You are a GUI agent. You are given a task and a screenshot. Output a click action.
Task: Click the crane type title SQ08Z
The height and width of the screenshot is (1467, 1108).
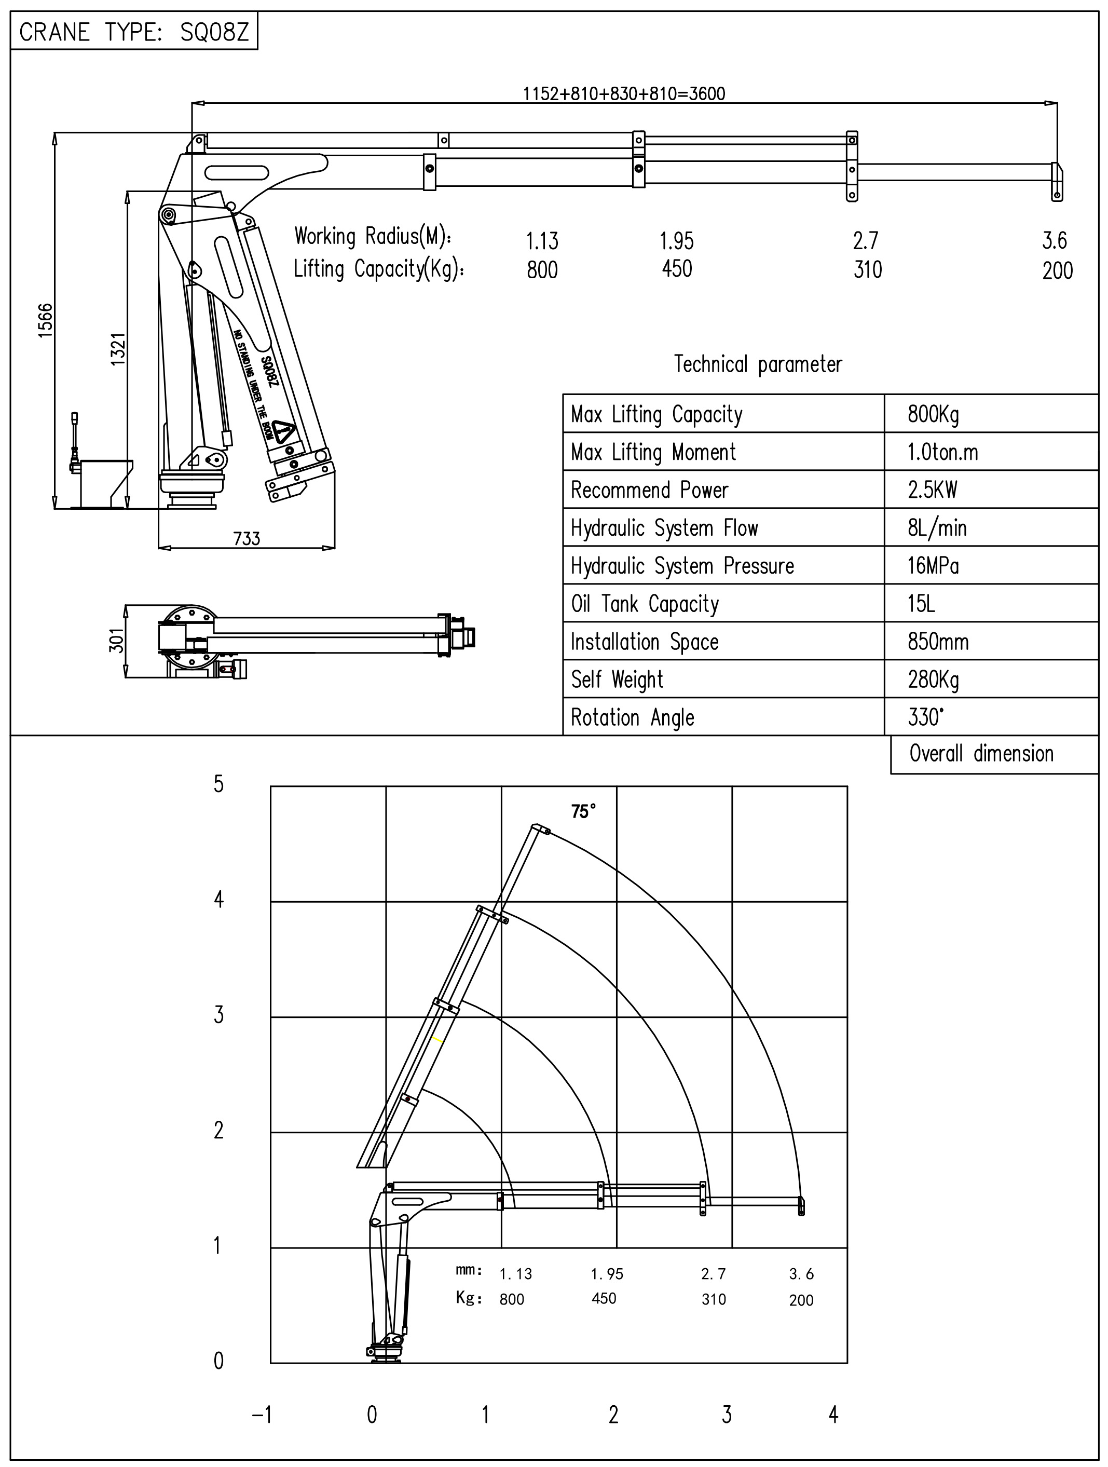tap(134, 31)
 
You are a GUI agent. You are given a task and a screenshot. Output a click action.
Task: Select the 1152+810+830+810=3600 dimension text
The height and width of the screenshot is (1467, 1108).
tap(623, 93)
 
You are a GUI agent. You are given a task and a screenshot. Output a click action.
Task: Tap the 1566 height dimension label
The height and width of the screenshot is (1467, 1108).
tap(45, 320)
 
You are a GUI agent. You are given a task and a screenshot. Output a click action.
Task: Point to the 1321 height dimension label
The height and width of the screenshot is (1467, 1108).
tap(117, 348)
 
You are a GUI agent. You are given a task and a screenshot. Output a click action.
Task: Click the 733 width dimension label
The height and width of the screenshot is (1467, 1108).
tap(247, 538)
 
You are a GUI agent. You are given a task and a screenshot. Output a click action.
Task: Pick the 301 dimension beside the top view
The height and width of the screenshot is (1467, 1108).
tap(116, 641)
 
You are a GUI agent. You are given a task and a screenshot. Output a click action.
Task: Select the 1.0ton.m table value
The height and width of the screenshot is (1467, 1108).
tap(942, 452)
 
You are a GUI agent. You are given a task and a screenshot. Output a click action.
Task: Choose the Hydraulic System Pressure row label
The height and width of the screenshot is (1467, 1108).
tap(682, 566)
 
